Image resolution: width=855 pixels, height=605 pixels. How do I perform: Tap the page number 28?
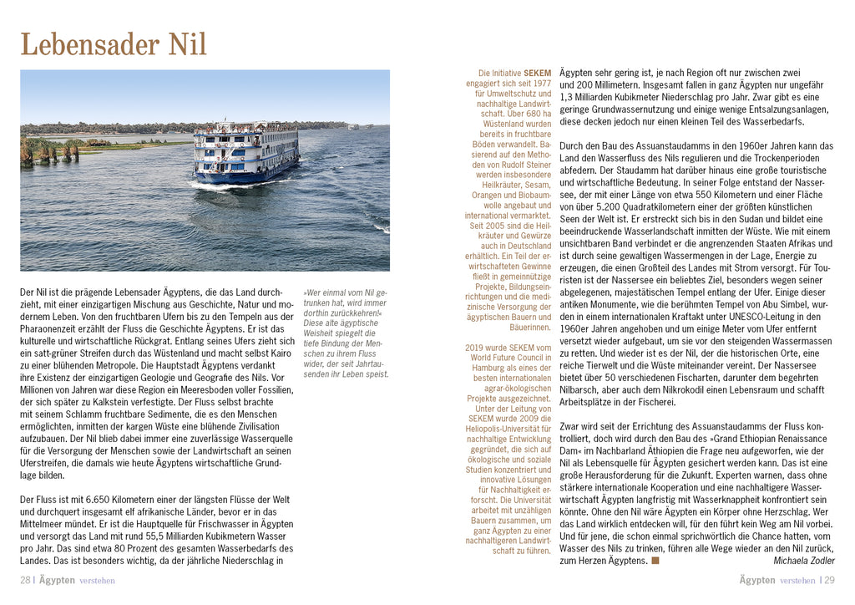pos(25,580)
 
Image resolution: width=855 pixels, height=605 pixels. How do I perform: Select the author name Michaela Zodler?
pos(804,561)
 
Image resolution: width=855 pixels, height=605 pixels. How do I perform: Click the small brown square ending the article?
pos(655,561)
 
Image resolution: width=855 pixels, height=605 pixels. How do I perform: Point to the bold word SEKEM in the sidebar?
pos(537,73)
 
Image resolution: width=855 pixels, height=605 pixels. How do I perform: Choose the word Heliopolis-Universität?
pos(508,428)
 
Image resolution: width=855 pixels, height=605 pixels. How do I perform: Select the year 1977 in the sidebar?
pos(542,84)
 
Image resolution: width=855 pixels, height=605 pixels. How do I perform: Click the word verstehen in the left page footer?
pos(97,580)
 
